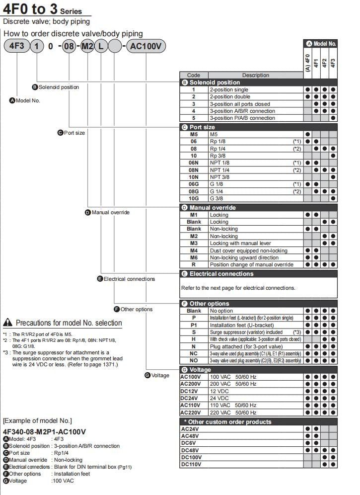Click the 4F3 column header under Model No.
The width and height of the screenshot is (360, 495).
tap(333, 63)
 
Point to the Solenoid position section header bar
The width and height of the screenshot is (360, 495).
tap(258, 82)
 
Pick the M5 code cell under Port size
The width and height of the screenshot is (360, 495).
tap(194, 134)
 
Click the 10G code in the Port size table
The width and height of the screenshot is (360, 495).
tap(194, 198)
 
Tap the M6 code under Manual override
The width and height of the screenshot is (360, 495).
tap(194, 257)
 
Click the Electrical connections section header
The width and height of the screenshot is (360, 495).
tap(258, 274)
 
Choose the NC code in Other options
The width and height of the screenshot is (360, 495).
tap(194, 353)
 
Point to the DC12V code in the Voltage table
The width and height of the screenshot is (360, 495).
tap(191, 391)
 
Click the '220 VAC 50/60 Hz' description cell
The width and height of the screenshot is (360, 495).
tap(233, 412)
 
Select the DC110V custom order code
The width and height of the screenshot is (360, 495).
tap(191, 464)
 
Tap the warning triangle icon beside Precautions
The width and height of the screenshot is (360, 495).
tap(7, 323)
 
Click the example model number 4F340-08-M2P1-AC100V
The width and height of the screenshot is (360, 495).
tap(45, 432)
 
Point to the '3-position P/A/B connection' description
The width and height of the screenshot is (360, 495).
tap(242, 118)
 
